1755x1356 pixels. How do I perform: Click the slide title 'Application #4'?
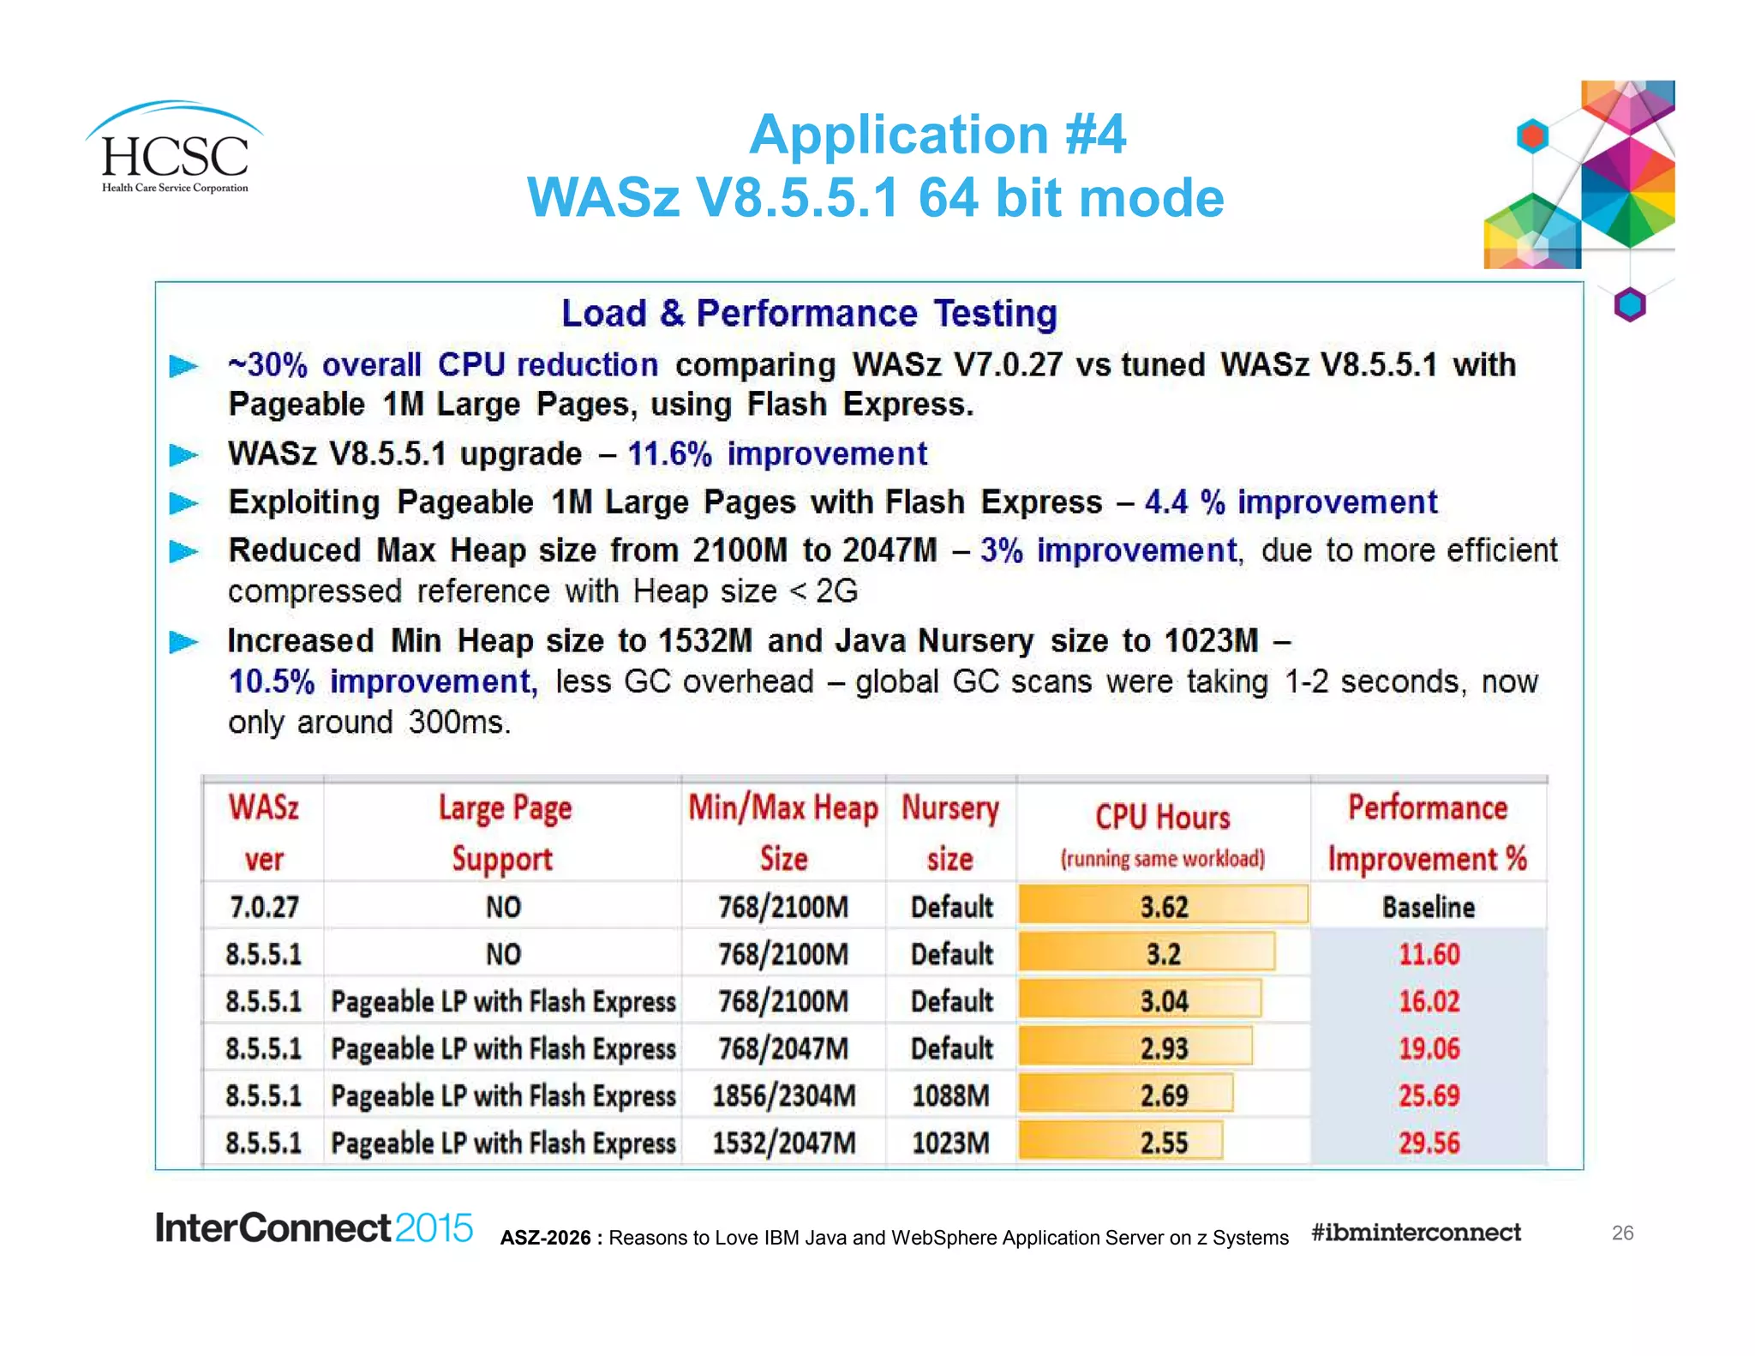tap(937, 135)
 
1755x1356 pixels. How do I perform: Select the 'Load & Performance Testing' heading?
tap(809, 313)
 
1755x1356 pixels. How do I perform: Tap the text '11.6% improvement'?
tap(777, 453)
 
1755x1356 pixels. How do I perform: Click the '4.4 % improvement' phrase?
tap(1291, 502)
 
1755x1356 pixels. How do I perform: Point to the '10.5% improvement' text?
tap(382, 682)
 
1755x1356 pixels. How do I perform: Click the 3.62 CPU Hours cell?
tap(1163, 907)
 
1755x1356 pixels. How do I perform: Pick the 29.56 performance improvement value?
tap(1429, 1143)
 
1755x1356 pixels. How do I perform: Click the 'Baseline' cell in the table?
tap(1429, 907)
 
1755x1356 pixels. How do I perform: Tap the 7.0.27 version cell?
tap(264, 907)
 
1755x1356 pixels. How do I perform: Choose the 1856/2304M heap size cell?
tap(783, 1095)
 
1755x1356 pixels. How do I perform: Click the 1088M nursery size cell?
tap(950, 1095)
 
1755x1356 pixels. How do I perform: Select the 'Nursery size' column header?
tap(950, 832)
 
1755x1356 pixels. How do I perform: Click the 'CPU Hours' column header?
tap(1163, 819)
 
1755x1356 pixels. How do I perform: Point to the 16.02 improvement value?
tap(1429, 1001)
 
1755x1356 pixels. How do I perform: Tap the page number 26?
tap(1622, 1233)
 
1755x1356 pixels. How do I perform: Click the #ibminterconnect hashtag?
tap(1416, 1233)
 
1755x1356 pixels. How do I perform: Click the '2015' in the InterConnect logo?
tap(434, 1228)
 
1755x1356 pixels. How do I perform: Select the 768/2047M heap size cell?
tap(783, 1048)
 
